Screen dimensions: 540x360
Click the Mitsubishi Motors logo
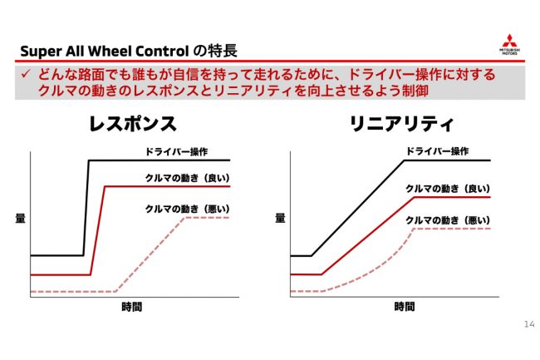tap(510, 45)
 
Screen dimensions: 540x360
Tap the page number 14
tap(529, 324)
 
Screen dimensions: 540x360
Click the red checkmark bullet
tap(26, 74)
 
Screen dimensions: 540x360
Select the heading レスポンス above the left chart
tap(133, 124)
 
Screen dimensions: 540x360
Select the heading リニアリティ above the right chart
tap(402, 124)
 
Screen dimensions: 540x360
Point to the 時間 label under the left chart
tap(131, 307)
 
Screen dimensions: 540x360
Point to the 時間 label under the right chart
tap(405, 306)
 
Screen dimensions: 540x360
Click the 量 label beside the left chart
tap(20, 218)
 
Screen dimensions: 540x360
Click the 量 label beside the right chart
tap(280, 218)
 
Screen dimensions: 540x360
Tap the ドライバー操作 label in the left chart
tap(176, 151)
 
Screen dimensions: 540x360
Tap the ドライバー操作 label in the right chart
tap(437, 151)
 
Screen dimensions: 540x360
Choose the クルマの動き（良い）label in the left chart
tap(188, 178)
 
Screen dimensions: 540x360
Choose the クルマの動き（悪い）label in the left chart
tap(188, 209)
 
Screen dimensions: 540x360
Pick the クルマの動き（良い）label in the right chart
tap(448, 189)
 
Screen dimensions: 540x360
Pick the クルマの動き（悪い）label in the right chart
tap(448, 220)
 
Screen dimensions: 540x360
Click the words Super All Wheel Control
tap(105, 52)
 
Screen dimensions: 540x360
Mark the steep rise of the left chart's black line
tap(86, 208)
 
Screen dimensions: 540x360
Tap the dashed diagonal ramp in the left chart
tap(150, 254)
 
